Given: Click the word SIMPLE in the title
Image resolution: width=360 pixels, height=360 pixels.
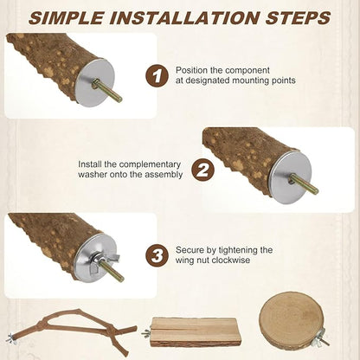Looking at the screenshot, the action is coord(66,18).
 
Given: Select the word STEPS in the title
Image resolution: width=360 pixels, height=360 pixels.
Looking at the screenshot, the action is coord(298,18).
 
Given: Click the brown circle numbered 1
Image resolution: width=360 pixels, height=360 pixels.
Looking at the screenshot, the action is coord(157,76).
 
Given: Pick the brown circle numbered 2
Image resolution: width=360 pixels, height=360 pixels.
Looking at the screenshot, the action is coord(203,170).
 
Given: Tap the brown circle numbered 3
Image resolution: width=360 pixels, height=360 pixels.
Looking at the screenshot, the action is coord(157,255).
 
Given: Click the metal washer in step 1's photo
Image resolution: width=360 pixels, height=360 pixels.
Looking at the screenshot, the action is coord(94,83).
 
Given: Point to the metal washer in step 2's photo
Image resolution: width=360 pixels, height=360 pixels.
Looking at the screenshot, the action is coord(288,177).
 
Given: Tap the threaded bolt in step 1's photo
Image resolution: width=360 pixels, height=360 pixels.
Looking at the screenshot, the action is coord(107,92).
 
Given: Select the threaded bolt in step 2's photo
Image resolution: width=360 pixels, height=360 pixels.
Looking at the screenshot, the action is coord(305,184).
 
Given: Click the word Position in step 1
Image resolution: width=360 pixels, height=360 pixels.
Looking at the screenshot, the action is coord(191,70).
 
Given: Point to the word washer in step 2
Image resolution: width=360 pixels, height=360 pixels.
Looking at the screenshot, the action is coord(93,175).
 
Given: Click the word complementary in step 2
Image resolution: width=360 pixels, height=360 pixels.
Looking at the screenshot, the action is coord(150,165).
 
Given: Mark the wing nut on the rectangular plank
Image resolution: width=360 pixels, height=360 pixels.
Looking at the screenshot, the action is coord(146,333).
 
